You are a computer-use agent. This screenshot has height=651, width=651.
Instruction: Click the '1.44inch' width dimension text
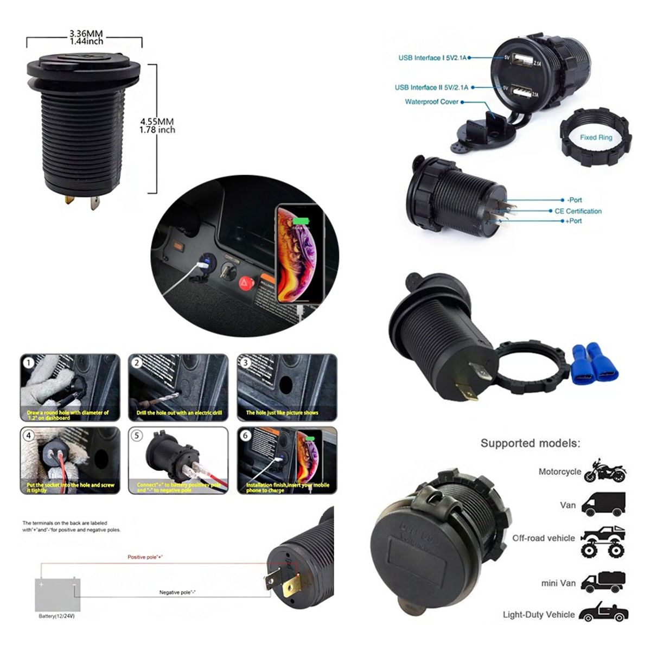(86, 41)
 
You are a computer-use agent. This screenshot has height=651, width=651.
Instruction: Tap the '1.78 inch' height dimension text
(157, 130)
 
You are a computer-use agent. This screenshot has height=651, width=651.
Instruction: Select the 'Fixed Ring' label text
(596, 138)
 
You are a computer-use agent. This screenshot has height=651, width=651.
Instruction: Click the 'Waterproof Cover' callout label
(431, 102)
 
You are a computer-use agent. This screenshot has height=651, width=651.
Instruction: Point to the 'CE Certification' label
(578, 211)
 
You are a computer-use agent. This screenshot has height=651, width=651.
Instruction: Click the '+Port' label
(574, 221)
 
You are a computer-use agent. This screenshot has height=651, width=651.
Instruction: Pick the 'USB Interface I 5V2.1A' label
(432, 58)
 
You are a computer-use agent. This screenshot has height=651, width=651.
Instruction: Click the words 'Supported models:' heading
(530, 443)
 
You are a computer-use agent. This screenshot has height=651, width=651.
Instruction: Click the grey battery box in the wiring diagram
(58, 595)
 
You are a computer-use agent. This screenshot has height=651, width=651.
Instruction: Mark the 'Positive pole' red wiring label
(145, 557)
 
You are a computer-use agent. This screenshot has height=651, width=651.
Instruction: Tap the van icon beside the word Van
(603, 505)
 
